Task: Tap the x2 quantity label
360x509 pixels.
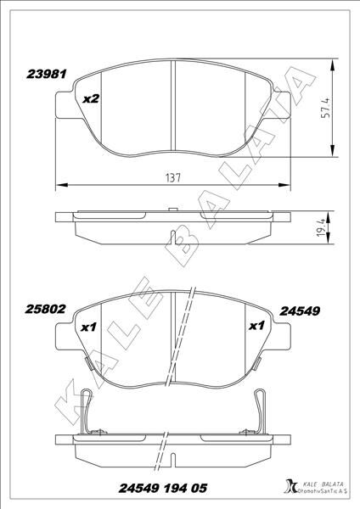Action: [x=91, y=99]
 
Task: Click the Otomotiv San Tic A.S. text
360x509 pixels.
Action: [x=319, y=491]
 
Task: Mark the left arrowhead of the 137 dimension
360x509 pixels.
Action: [x=58, y=184]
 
